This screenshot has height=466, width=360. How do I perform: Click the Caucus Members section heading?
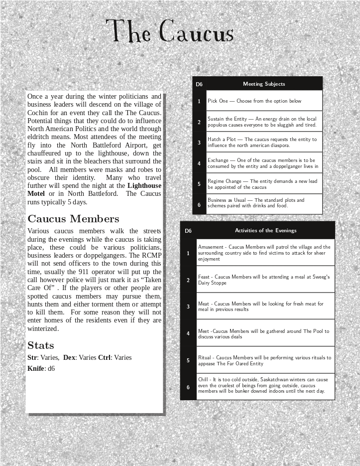tap(73, 219)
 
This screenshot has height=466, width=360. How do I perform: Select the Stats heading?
tap(41, 345)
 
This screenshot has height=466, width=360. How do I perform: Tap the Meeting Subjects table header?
tap(264, 84)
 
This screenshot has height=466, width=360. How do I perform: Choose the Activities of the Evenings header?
tap(265, 230)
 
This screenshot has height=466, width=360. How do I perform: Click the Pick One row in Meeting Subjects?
tap(254, 101)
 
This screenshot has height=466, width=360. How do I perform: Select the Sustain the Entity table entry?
tap(262, 122)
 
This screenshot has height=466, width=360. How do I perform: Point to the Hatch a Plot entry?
tap(262, 143)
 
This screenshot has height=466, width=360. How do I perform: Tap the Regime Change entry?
tap(262, 184)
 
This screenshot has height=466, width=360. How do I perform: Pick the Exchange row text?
tap(262, 163)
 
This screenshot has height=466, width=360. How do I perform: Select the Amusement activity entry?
tap(264, 253)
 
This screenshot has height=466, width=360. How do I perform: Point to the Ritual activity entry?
tap(264, 360)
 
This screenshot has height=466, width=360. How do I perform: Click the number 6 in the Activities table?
tap(188, 387)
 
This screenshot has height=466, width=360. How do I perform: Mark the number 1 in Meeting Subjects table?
tap(199, 101)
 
